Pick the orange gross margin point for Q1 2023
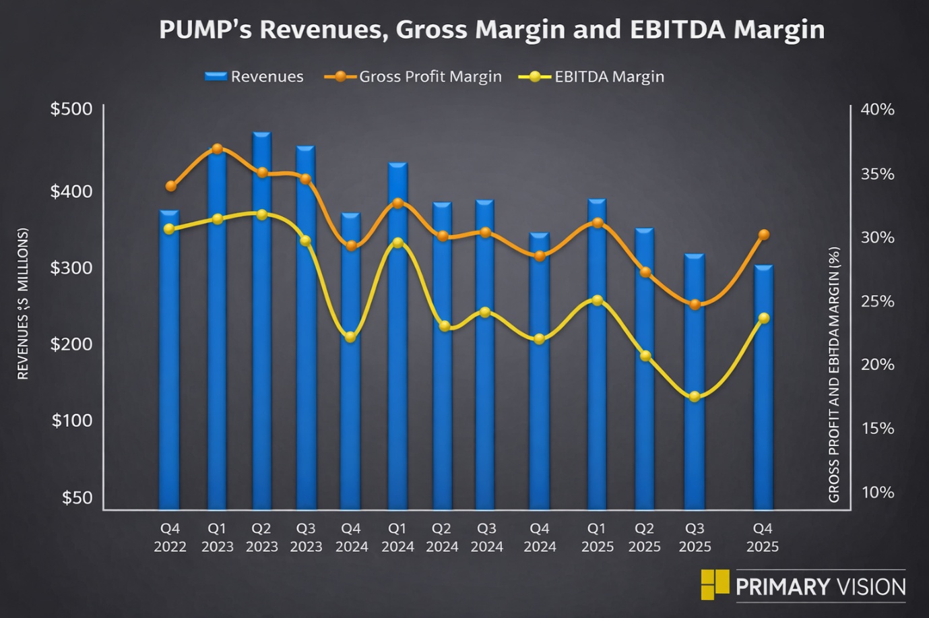click(x=217, y=149)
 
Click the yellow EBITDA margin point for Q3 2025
click(x=695, y=396)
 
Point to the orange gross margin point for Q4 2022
click(x=170, y=186)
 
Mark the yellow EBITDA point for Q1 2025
click(x=597, y=300)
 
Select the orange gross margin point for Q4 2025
click(x=764, y=235)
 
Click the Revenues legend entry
click(x=254, y=77)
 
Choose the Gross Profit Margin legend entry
click(x=413, y=77)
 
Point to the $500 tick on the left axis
click(x=71, y=109)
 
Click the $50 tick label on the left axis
click(x=77, y=497)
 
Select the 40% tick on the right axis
click(x=877, y=109)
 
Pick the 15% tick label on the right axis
click(x=877, y=428)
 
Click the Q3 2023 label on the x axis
click(x=306, y=537)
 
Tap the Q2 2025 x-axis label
click(x=644, y=537)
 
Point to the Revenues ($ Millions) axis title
click(x=23, y=303)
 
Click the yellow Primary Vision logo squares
click(x=715, y=584)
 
